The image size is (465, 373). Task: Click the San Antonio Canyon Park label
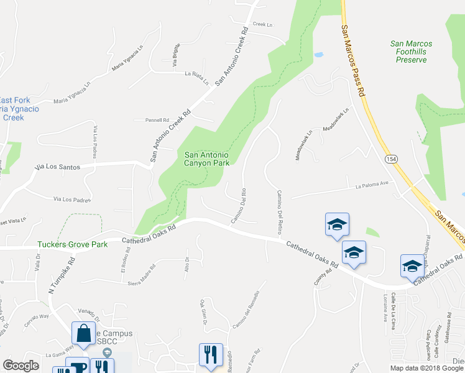pos(207,159)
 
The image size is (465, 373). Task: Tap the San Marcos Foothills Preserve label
pos(411,52)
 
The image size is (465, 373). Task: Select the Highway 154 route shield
pos(390,159)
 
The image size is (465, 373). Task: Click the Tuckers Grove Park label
pos(72,244)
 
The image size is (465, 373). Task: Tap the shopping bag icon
pos(83,334)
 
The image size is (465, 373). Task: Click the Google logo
pos(21,366)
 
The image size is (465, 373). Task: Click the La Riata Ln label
pos(196,75)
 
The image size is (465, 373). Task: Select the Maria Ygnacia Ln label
pos(127,57)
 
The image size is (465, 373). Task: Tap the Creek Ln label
pos(263,24)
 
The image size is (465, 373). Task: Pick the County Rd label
pos(320,277)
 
